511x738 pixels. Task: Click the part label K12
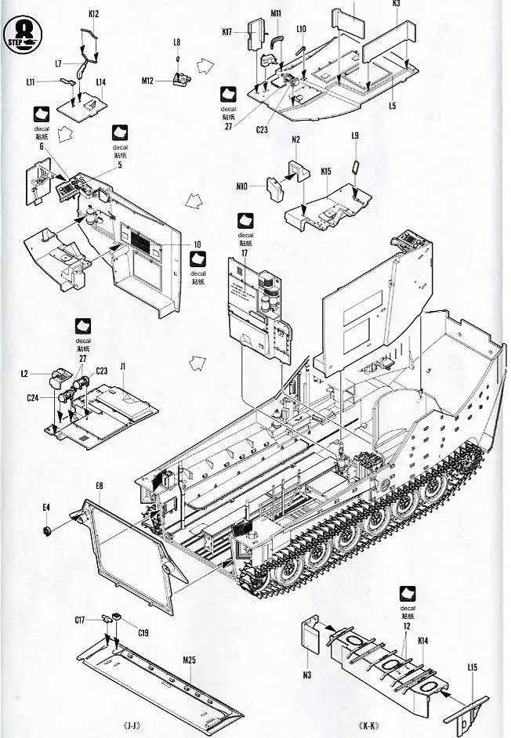[93, 13]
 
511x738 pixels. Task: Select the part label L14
[101, 82]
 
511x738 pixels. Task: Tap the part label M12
[149, 80]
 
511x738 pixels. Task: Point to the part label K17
[227, 32]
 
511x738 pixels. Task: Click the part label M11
[277, 13]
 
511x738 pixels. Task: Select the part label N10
[241, 186]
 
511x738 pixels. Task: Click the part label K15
[326, 170]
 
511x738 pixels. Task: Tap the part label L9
[355, 136]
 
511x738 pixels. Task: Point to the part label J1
[123, 365]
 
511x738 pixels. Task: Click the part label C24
[32, 398]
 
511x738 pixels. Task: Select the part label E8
[100, 487]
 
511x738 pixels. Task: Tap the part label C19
[143, 632]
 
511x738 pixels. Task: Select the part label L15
[472, 667]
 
